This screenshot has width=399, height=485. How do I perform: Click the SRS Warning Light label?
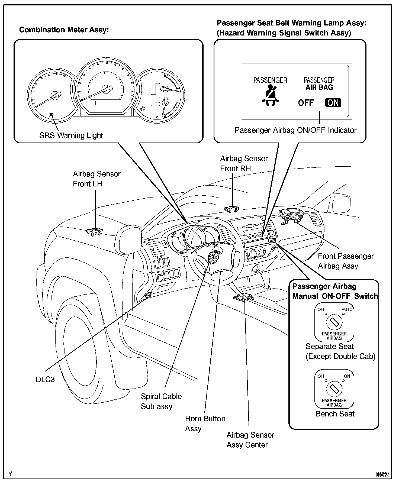71,135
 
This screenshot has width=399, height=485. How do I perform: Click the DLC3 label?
45,379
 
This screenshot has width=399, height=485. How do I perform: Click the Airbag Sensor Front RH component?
232,208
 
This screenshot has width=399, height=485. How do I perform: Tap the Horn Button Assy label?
205,423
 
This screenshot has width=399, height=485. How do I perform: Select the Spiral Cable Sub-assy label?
161,401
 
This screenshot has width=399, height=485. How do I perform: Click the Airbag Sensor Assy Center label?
250,440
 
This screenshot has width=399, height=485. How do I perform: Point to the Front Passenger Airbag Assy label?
346,261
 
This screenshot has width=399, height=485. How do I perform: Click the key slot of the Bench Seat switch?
334,389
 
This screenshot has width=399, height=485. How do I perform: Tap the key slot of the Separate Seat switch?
334,322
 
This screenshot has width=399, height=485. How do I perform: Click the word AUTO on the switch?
347,309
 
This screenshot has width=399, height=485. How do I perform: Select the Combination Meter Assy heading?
64,30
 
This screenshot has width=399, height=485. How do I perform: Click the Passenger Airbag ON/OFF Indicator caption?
295,130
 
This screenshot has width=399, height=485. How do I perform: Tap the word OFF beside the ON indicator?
306,103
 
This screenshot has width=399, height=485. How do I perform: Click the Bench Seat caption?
335,414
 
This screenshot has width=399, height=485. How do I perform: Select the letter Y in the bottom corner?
10,474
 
